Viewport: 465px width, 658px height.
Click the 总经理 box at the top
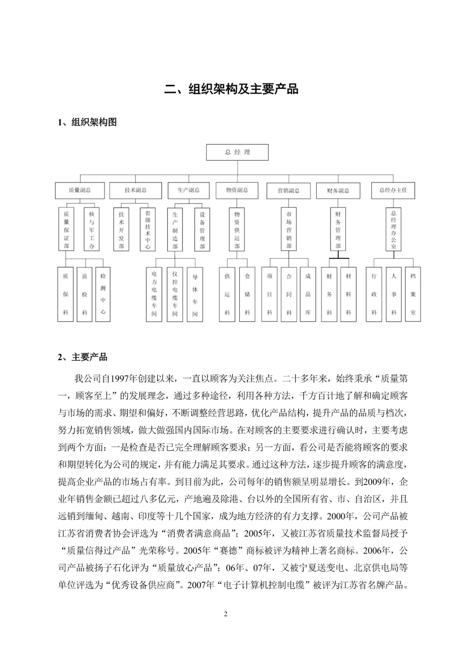[237, 152]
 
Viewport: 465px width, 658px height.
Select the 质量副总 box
[80, 190]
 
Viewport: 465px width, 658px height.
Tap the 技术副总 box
[136, 190]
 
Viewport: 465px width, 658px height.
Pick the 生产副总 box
[189, 190]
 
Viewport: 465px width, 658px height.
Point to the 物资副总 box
[237, 190]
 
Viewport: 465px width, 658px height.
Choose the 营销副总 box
[289, 191]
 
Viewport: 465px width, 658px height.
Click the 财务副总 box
[338, 191]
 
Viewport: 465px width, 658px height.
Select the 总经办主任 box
[393, 190]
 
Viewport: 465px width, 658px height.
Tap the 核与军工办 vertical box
[92, 229]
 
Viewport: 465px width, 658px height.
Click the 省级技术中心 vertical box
[148, 229]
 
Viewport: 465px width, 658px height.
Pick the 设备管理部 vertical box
[202, 229]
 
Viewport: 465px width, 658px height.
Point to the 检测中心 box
[103, 294]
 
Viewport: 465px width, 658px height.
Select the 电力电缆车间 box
[154, 294]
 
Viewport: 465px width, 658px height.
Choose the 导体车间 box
[195, 294]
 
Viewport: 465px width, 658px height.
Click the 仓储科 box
[247, 294]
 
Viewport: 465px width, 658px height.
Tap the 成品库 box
[308, 294]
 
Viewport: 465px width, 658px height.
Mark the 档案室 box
[413, 294]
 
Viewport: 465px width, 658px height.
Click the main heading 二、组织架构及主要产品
[231, 89]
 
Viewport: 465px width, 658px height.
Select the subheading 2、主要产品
[83, 357]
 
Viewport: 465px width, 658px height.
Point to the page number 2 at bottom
[225, 614]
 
